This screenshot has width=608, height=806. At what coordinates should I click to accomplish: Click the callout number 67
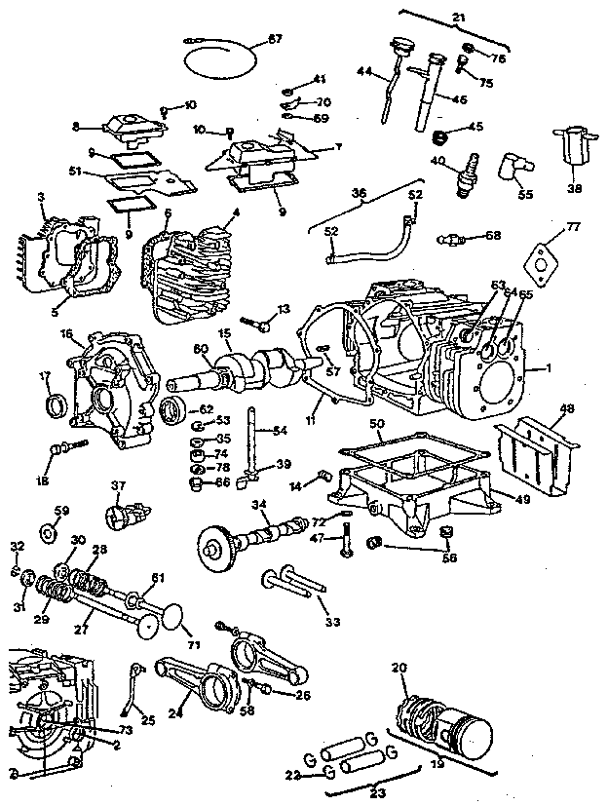[x=275, y=40]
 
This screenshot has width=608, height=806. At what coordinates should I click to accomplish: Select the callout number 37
[x=119, y=486]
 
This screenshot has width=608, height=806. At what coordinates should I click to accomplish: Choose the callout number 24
[x=175, y=712]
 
